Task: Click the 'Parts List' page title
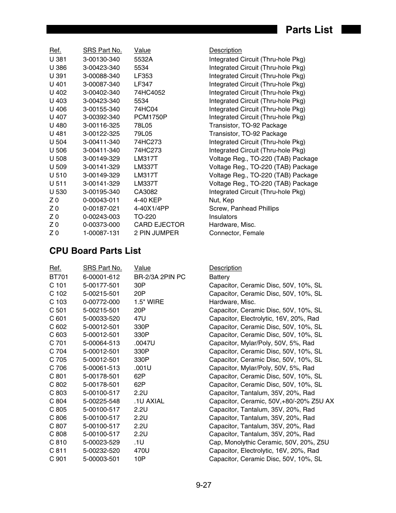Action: tap(309, 30)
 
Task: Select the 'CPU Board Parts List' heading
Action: tap(95, 251)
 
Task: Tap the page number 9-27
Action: tap(204, 485)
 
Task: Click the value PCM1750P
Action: tap(150, 117)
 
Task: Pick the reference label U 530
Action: tap(58, 192)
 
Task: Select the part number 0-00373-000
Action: tap(101, 225)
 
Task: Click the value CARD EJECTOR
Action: tap(159, 225)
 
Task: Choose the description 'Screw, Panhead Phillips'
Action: tap(244, 209)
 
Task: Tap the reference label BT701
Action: tap(59, 277)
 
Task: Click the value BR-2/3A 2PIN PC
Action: tap(159, 277)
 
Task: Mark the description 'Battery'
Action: tap(219, 277)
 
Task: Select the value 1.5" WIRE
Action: tap(149, 302)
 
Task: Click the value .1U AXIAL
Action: tap(149, 401)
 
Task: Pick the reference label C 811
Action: tap(58, 451)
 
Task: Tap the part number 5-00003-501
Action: tap(101, 459)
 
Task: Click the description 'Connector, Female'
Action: tap(236, 233)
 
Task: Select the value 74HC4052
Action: tap(149, 93)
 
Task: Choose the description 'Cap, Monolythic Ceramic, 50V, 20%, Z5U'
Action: tap(269, 442)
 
